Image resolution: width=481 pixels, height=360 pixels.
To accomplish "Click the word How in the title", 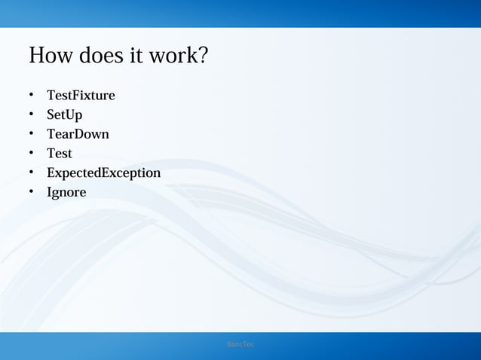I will (50, 56).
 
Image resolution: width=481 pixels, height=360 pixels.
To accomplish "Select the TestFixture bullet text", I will (81, 96).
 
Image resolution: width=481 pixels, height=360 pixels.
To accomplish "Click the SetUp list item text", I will (64, 115).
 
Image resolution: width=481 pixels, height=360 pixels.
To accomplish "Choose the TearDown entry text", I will (78, 134).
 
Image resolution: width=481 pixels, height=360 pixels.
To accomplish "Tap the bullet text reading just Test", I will (60, 154).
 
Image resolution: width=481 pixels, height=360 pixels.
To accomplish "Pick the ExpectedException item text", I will (103, 173).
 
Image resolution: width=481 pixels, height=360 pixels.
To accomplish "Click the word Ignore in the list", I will (66, 193).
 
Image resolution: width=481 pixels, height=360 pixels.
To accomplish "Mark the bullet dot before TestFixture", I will (32, 96).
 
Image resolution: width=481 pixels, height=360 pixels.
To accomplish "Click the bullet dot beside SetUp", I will (32, 115).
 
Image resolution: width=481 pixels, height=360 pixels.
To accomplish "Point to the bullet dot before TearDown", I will (32, 135).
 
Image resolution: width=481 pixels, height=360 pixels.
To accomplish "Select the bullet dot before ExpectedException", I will (32, 173).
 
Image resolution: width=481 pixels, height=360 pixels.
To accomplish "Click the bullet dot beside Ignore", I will (32, 193).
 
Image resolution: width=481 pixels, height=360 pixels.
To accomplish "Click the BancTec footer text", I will (240, 344).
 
